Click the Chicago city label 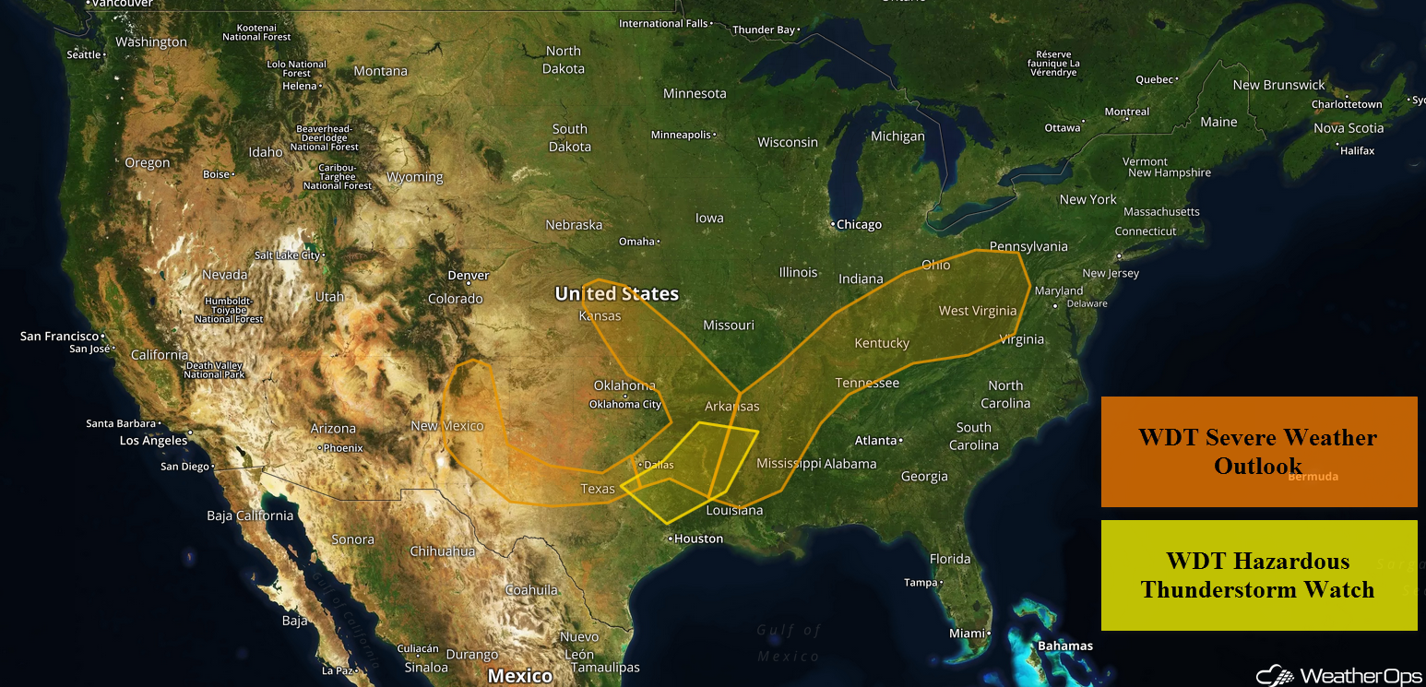click(860, 224)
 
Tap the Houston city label click(698, 539)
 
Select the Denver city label click(468, 275)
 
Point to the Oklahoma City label click(625, 404)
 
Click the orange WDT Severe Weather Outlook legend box click(1258, 451)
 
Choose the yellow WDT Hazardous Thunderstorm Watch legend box click(1258, 575)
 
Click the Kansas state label click(600, 315)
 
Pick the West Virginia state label click(978, 311)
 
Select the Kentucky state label click(882, 343)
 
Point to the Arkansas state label click(732, 406)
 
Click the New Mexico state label click(447, 425)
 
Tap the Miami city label click(968, 634)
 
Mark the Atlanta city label click(875, 440)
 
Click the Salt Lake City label click(287, 255)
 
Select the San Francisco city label click(60, 336)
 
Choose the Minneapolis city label click(681, 135)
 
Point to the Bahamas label click(1065, 646)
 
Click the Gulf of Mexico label click(789, 643)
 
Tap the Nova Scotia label click(1349, 128)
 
